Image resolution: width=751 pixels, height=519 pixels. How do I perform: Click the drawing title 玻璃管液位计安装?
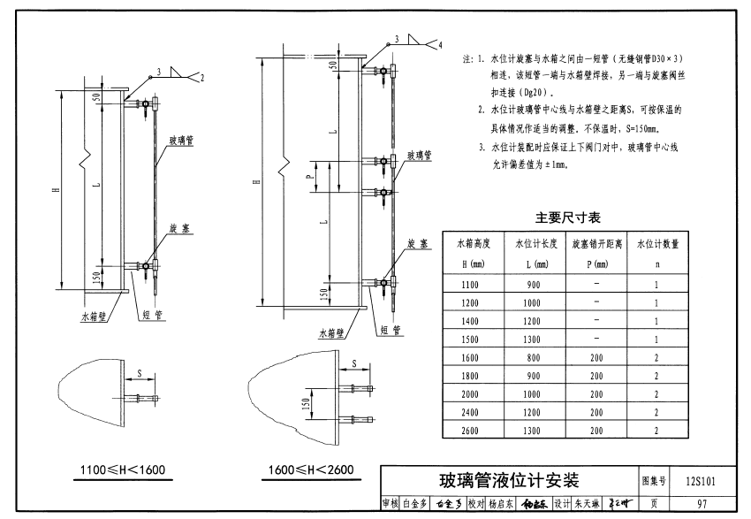[x=508, y=481]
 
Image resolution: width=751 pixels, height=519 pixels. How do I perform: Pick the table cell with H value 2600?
[x=474, y=430]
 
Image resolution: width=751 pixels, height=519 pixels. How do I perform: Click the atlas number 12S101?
[x=699, y=482]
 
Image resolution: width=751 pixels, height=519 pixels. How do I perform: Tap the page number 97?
[x=700, y=504]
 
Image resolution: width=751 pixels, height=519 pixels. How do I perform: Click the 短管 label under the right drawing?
[x=391, y=330]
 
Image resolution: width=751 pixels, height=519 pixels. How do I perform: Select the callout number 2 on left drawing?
[x=201, y=79]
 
